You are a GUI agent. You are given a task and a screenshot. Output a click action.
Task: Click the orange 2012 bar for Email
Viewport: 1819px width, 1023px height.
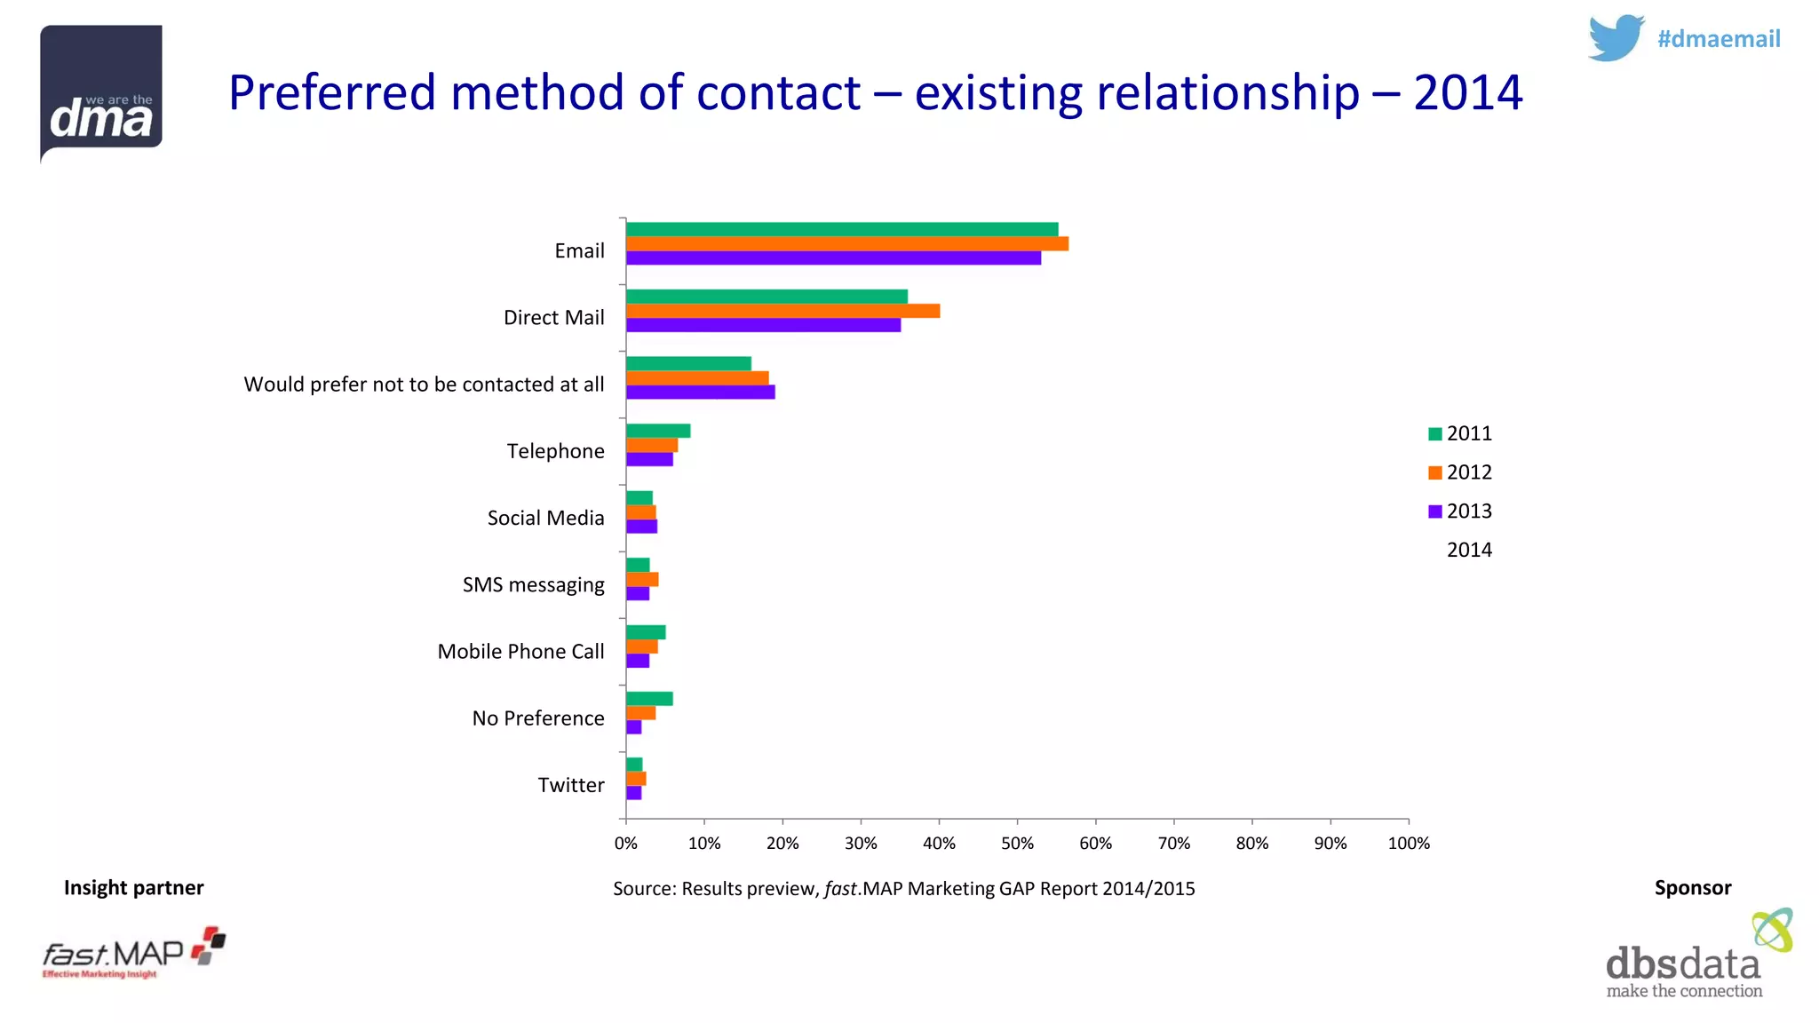(846, 243)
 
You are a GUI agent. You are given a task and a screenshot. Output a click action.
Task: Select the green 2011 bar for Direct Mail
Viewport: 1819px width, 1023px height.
(767, 297)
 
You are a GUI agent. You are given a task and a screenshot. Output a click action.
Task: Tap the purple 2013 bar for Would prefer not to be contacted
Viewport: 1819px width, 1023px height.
(700, 392)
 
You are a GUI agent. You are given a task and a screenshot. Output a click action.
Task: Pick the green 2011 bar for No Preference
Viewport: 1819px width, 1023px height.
(649, 699)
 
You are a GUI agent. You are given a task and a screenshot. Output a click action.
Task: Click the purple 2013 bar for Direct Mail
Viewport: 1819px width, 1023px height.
(763, 325)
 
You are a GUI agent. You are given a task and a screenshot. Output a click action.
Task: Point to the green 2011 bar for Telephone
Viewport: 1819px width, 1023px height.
(658, 431)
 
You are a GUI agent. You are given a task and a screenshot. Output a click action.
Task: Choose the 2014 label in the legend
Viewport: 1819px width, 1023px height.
(1469, 550)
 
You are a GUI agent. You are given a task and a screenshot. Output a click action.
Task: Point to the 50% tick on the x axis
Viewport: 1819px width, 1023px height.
(1017, 843)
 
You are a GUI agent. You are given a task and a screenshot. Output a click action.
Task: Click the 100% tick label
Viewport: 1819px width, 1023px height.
(1409, 843)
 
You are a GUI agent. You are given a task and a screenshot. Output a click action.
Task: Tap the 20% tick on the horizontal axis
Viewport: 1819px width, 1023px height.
(782, 843)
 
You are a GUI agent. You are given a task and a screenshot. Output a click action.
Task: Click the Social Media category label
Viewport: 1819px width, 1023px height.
(545, 518)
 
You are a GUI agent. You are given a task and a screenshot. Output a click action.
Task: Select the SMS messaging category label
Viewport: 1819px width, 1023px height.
(533, 584)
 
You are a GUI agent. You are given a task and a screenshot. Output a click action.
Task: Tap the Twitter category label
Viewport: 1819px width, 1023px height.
(570, 785)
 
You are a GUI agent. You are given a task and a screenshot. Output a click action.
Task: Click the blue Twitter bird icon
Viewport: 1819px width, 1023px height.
(1616, 38)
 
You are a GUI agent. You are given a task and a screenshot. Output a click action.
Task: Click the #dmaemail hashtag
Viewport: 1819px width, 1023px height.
(1718, 39)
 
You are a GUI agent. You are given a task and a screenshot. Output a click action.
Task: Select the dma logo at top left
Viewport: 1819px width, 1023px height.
(101, 92)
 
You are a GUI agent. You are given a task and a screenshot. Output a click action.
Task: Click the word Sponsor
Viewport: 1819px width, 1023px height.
(1692, 887)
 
